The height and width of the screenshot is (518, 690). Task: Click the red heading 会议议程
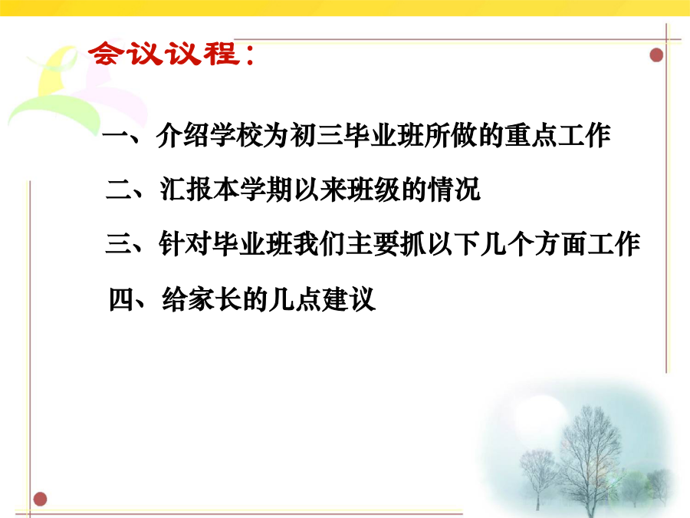(x=164, y=54)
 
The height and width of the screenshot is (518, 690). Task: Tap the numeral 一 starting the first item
(x=115, y=135)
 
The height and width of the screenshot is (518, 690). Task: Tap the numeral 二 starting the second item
(x=119, y=190)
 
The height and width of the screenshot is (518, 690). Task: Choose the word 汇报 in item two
(x=186, y=190)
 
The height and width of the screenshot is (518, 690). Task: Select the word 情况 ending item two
(x=454, y=190)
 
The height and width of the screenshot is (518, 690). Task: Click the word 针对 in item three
(x=186, y=244)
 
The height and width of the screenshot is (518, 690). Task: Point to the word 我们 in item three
(x=320, y=244)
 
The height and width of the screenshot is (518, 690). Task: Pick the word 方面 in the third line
(x=561, y=244)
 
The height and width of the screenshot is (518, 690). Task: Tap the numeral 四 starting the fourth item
(x=121, y=299)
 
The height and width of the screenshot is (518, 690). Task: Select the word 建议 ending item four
(x=349, y=299)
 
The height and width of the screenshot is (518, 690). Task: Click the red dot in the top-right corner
(x=656, y=55)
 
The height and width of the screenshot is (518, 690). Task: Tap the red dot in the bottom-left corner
(x=40, y=499)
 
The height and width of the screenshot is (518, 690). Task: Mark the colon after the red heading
(x=251, y=55)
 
